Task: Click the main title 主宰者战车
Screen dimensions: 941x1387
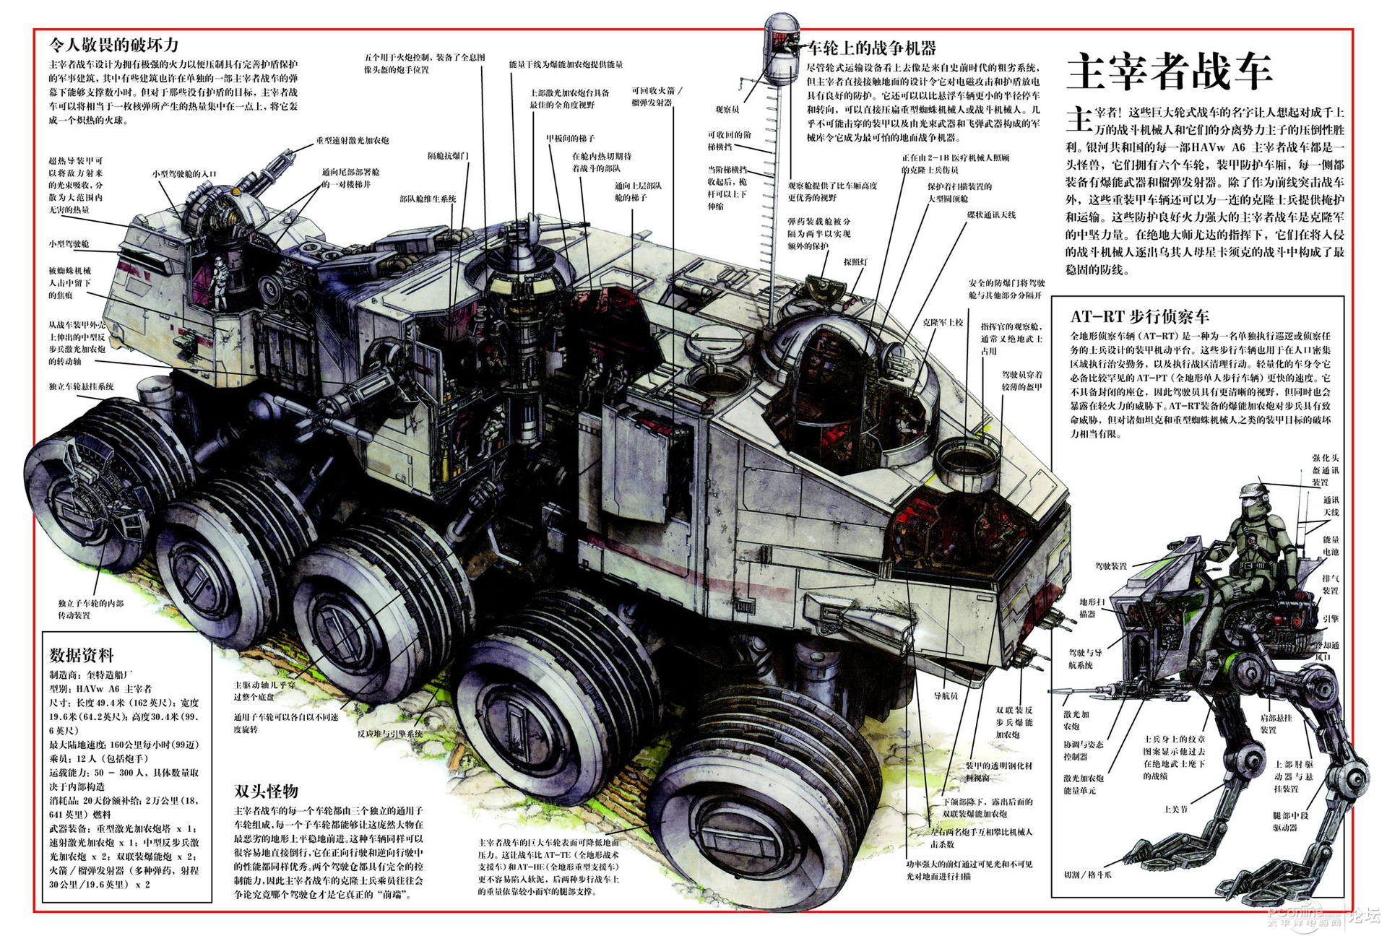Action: click(1168, 71)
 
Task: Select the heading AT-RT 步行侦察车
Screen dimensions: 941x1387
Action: click(1139, 316)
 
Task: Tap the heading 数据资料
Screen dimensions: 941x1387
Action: click(82, 655)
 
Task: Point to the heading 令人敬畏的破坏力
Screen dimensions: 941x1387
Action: click(113, 45)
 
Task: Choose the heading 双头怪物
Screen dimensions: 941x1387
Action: click(266, 791)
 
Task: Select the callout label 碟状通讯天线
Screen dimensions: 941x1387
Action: click(991, 215)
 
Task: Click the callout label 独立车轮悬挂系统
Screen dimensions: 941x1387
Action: click(81, 387)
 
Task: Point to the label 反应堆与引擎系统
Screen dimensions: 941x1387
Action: click(389, 734)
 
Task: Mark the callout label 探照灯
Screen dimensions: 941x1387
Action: click(855, 262)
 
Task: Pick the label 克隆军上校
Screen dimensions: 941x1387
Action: click(943, 322)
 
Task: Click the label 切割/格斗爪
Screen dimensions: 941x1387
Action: click(1087, 875)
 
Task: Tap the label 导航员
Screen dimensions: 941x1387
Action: click(946, 695)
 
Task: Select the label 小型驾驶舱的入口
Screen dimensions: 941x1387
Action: click(183, 174)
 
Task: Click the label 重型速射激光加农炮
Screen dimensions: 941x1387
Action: click(352, 141)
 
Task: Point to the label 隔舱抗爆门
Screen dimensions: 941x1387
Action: click(448, 156)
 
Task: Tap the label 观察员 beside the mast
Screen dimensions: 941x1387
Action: click(727, 110)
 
